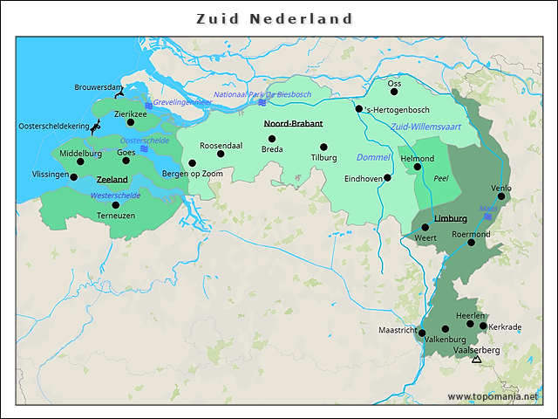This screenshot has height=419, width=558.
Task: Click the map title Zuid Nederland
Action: click(x=275, y=18)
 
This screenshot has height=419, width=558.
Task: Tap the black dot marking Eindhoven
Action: click(x=388, y=177)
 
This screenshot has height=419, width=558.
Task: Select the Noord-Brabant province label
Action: click(x=293, y=124)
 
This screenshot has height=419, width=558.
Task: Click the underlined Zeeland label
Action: click(x=112, y=180)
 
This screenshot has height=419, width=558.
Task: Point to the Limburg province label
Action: click(x=451, y=217)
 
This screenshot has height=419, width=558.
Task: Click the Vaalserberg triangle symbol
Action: click(x=476, y=360)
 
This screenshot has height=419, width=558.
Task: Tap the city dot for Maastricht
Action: click(x=422, y=333)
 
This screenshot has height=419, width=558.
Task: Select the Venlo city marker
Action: click(x=501, y=196)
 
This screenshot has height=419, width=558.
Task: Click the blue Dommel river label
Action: click(x=373, y=157)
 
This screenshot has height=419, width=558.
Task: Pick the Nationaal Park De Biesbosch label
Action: click(x=262, y=94)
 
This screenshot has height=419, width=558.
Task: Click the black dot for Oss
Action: click(x=394, y=92)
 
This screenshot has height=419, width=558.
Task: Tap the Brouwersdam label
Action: click(x=99, y=87)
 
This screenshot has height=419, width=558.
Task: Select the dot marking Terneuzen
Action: click(x=116, y=205)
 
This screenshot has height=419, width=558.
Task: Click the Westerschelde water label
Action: click(x=115, y=195)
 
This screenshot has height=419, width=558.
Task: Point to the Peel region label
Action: click(x=440, y=178)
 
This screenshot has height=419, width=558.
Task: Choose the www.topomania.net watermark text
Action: click(x=493, y=396)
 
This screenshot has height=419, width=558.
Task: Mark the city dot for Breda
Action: click(x=272, y=139)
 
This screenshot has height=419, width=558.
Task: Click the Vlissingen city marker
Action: click(x=73, y=177)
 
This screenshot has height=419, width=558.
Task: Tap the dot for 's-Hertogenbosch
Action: click(x=359, y=109)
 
